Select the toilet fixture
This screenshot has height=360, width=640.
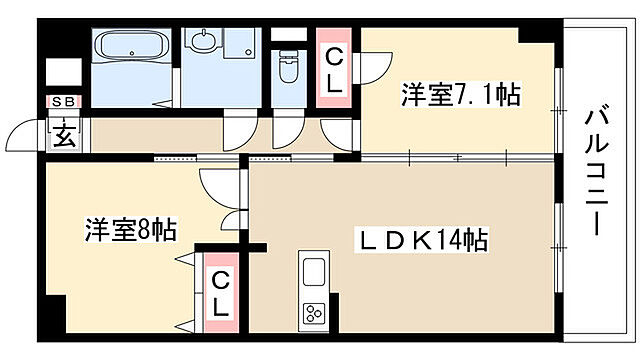288,68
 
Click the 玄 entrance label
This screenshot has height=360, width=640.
63,133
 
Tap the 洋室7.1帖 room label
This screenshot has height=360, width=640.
460,95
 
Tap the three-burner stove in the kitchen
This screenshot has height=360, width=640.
313,310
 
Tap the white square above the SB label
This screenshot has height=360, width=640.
62,73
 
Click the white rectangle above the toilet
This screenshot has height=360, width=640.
289,32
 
